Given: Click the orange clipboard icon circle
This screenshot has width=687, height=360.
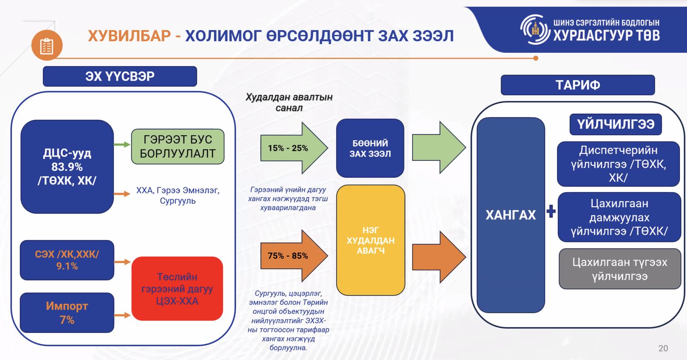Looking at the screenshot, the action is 47,45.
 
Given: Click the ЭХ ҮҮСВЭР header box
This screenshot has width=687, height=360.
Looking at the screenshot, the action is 120,76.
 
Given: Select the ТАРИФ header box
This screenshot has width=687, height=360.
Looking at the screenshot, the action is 578,85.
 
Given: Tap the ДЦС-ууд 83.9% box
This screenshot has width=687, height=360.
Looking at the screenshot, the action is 67,166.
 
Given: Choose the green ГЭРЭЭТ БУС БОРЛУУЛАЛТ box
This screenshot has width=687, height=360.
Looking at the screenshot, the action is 178,146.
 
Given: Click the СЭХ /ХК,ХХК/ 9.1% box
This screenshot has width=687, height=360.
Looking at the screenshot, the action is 67,260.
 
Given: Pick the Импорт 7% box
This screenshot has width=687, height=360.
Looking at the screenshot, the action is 67,313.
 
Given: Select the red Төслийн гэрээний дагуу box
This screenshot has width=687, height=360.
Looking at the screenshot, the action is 177,289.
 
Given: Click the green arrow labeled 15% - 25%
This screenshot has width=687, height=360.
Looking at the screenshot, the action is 294,148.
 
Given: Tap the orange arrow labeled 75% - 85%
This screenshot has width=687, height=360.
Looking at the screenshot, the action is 294,256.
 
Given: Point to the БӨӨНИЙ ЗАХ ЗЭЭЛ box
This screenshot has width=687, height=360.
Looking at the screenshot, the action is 370,148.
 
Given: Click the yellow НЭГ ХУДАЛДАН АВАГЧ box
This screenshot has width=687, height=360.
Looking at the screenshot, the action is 371,240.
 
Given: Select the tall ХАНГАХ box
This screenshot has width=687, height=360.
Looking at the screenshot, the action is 511,215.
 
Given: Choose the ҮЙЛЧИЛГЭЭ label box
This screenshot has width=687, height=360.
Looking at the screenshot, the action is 616,124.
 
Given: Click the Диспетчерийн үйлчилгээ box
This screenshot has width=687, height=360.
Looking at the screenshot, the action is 618,164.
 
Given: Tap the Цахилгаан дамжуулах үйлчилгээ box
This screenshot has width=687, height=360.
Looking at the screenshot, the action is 619,217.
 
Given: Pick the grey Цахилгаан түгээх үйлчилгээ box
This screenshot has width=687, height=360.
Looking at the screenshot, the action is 620,269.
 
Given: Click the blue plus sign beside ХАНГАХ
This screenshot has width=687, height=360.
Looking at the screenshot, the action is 551,211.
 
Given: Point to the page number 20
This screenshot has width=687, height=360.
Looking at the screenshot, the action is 663,348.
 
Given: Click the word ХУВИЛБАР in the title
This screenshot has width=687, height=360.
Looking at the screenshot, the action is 129,36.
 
